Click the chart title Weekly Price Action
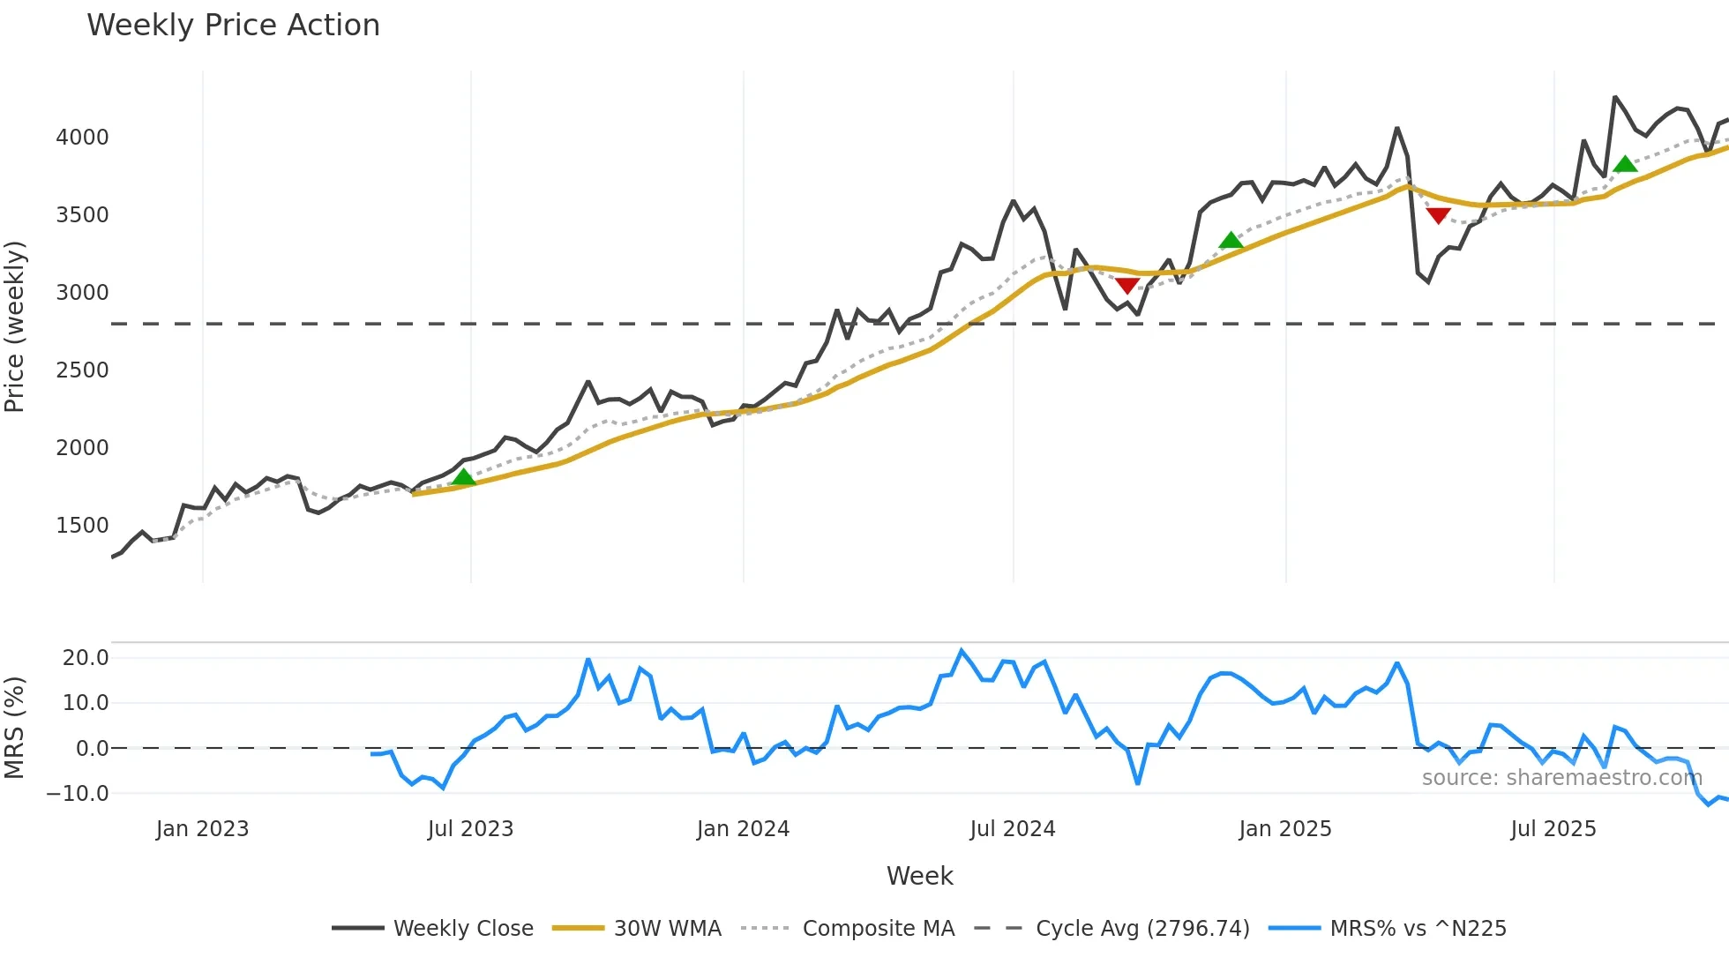click(233, 26)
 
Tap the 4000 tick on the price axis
click(82, 138)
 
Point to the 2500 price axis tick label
click(82, 370)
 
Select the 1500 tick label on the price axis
click(82, 526)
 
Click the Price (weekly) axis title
click(15, 326)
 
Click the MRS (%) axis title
click(15, 728)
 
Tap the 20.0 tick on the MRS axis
click(86, 658)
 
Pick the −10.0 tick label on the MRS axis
click(78, 794)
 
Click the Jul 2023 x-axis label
click(470, 829)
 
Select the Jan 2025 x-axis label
click(1284, 829)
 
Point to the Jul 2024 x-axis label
click(1012, 829)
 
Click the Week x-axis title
click(919, 876)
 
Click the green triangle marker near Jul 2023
click(464, 477)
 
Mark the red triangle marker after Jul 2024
click(1127, 285)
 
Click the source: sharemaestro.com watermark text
click(1561, 778)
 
